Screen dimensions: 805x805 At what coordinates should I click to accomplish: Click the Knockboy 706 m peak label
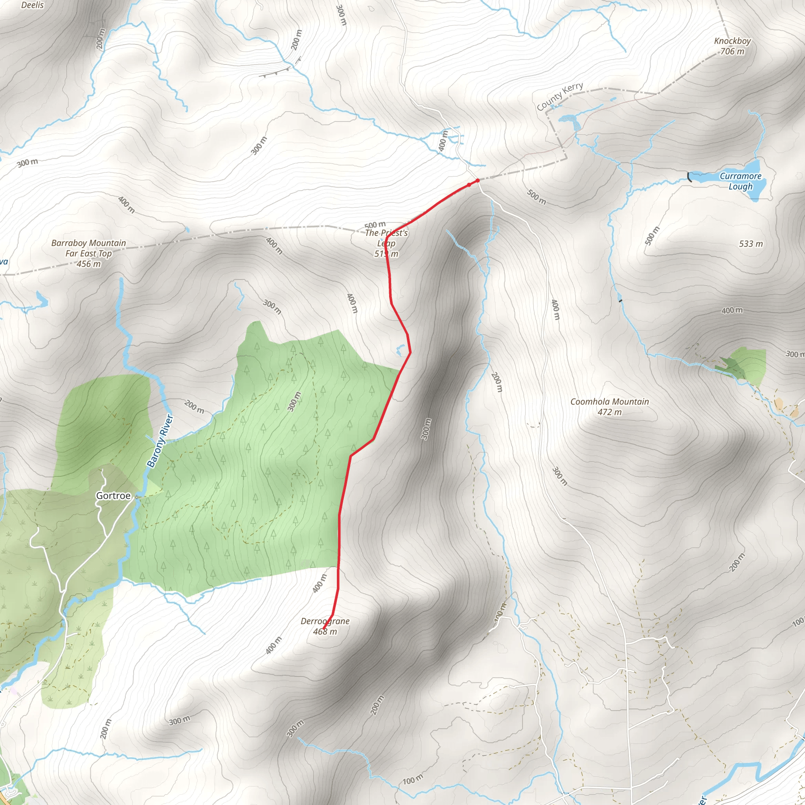tap(732, 46)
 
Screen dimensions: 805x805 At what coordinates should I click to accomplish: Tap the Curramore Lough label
tap(741, 181)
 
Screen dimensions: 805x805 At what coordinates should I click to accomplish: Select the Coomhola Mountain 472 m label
tap(609, 406)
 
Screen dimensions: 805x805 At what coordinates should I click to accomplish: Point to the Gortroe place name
tap(113, 495)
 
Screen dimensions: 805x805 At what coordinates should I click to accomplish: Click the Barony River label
tap(160, 441)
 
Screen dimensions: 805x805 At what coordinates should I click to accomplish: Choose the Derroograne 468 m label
tap(325, 626)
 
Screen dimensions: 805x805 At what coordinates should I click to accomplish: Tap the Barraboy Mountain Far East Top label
tap(88, 253)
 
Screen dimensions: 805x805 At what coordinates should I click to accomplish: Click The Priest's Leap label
tap(386, 243)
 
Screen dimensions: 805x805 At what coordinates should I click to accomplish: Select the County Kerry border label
tap(559, 97)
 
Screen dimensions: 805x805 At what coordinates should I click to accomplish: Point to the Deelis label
tap(33, 5)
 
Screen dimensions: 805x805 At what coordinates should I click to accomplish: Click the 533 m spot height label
tap(751, 244)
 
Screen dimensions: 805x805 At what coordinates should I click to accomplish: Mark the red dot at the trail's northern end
tap(478, 180)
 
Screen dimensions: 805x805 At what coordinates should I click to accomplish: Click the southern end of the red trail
tap(324, 629)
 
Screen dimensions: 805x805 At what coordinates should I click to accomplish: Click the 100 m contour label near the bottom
tap(412, 779)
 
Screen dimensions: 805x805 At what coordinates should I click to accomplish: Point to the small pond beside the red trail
tap(400, 350)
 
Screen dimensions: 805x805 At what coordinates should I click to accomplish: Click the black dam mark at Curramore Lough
tap(689, 177)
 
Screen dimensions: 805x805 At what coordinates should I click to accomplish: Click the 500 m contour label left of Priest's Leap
tap(375, 225)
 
